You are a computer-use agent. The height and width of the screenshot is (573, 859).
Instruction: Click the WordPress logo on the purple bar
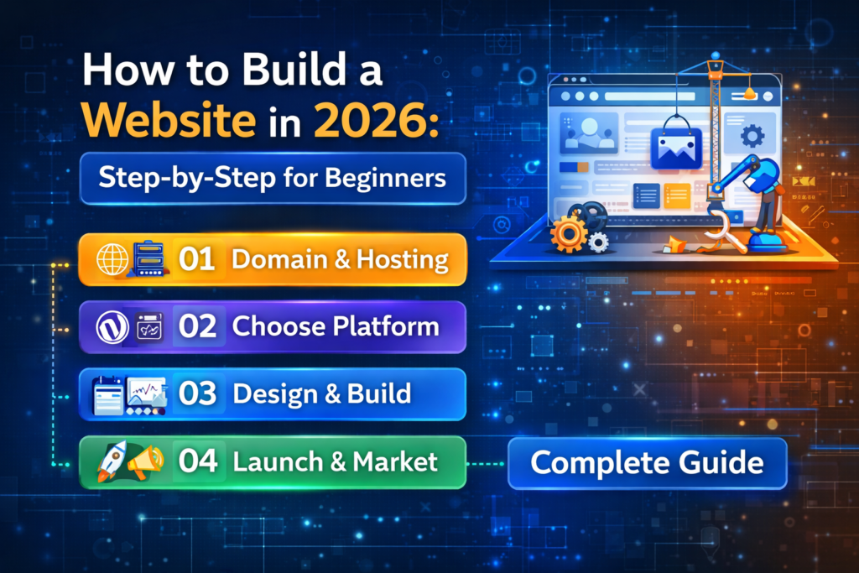(x=110, y=326)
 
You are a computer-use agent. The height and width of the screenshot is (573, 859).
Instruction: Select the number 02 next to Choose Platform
(x=198, y=326)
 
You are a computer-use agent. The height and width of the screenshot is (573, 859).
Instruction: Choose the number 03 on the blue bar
(x=198, y=393)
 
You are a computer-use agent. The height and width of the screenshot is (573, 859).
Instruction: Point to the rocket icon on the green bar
(x=109, y=461)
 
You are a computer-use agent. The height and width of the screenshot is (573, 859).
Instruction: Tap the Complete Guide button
(x=647, y=462)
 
